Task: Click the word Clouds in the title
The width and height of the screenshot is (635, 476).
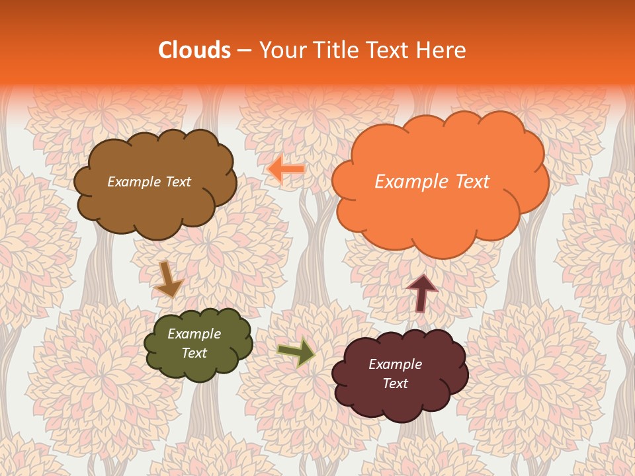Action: pyautogui.click(x=194, y=50)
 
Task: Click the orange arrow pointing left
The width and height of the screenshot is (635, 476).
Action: pyautogui.click(x=286, y=170)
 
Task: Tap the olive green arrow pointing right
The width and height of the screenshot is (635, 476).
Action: pyautogui.click(x=296, y=352)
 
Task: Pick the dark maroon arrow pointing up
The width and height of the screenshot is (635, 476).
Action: pyautogui.click(x=421, y=292)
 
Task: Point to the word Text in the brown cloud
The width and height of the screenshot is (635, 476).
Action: pyautogui.click(x=179, y=182)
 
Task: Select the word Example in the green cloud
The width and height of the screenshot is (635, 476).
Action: pyautogui.click(x=194, y=334)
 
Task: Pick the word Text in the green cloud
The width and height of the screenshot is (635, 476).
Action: pyautogui.click(x=194, y=353)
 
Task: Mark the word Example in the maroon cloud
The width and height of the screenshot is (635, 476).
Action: pyautogui.click(x=395, y=364)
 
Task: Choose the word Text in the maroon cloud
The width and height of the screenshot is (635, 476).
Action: pyautogui.click(x=395, y=383)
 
